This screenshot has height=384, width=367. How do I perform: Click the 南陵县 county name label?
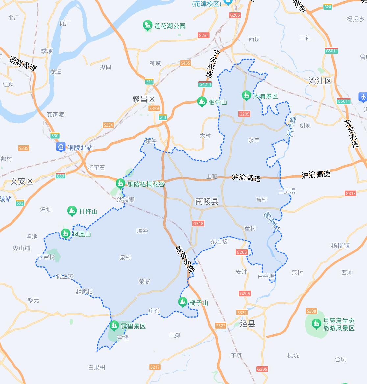(207, 201)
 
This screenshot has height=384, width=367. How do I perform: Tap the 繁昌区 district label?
(143, 99)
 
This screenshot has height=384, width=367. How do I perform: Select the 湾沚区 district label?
(320, 81)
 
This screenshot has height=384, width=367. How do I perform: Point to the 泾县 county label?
(248, 323)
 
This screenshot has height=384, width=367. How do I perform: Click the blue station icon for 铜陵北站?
(61, 147)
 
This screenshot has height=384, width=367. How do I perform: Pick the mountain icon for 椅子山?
(183, 302)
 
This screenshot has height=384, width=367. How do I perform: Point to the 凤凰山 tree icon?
(65, 234)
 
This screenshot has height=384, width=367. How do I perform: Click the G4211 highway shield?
(205, 84)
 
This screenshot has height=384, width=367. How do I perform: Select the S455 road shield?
(185, 63)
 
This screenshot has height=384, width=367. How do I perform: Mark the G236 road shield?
(204, 35)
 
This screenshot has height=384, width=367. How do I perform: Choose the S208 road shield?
(311, 311)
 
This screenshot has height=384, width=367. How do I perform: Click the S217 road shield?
(155, 367)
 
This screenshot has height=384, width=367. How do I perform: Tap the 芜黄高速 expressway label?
(184, 259)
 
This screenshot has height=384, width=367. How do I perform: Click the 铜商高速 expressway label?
(23, 63)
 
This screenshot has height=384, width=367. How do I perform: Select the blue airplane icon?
(363, 97)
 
